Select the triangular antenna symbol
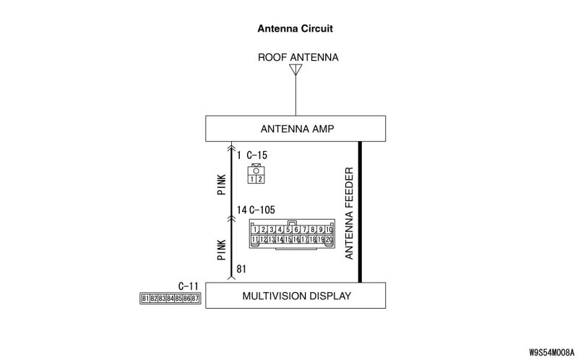click(x=295, y=70)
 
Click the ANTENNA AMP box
click(x=296, y=129)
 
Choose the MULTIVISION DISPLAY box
click(x=296, y=296)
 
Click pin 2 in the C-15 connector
click(x=259, y=179)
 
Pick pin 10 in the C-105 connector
click(x=329, y=230)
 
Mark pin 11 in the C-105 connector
click(x=255, y=239)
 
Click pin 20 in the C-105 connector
click(x=329, y=239)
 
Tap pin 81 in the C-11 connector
click(x=145, y=298)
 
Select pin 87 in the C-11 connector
click(x=194, y=298)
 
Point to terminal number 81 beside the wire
click(x=242, y=269)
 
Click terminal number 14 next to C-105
click(x=242, y=211)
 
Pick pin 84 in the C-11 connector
click(x=170, y=298)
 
